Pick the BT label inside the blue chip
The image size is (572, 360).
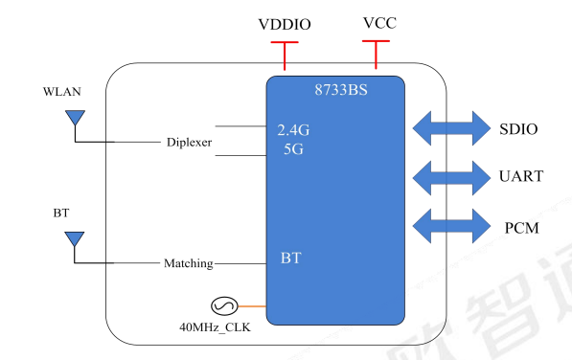click(x=291, y=259)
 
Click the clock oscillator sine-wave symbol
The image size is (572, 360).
click(x=223, y=306)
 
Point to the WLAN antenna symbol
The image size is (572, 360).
click(x=74, y=120)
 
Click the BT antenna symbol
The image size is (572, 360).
click(x=74, y=239)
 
